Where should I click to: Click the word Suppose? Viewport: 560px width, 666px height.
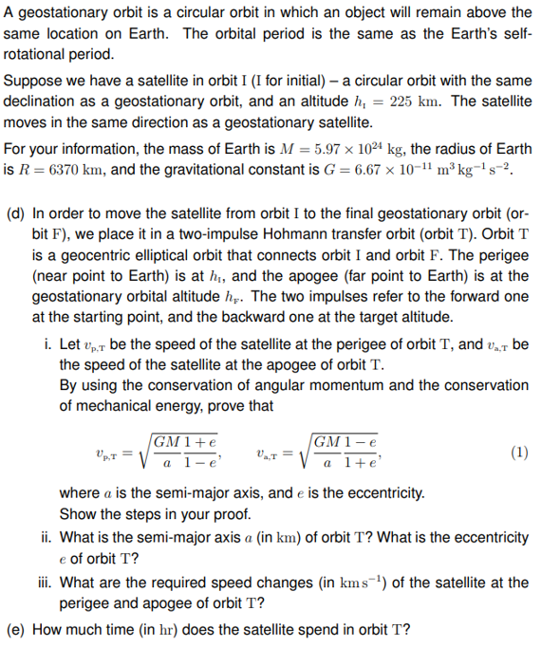[x=33, y=83]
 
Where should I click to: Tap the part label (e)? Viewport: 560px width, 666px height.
[x=16, y=628]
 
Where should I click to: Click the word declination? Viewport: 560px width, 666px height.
[x=49, y=103]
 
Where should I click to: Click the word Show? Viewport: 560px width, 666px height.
[x=79, y=514]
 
